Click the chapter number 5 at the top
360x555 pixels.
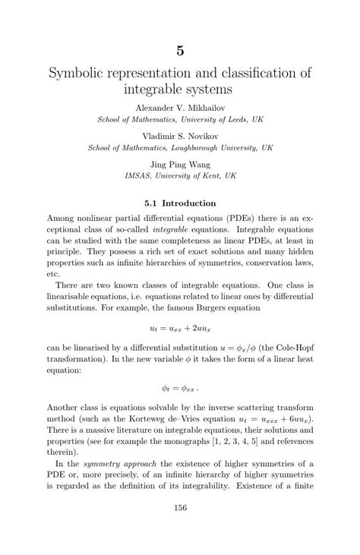(180, 50)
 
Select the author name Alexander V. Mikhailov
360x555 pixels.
(180, 107)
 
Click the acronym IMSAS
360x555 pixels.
(139, 175)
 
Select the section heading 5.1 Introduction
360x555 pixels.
(180, 203)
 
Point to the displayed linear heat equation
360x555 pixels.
(180, 386)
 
